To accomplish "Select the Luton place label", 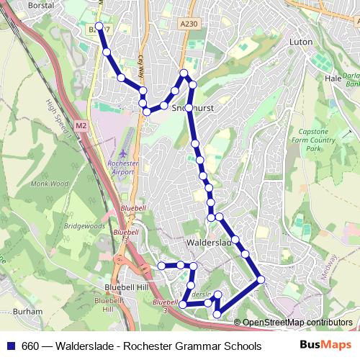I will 300,42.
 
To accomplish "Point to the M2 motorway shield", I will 81,126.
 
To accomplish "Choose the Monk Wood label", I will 50,184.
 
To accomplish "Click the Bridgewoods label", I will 84,225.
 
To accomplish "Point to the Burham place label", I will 23,311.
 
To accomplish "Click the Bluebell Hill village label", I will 115,286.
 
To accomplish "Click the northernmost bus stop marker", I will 99,27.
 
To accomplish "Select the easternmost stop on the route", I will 261,279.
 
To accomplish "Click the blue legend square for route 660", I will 12,346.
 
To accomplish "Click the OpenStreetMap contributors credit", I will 297,322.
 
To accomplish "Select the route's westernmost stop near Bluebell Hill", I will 161,266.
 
